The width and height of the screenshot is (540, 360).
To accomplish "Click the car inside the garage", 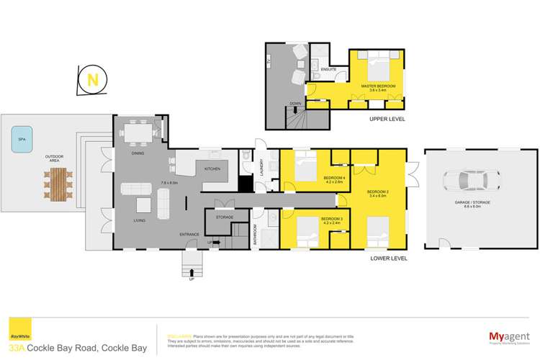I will [x=467, y=181].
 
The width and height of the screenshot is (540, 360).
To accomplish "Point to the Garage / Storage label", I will [x=472, y=203].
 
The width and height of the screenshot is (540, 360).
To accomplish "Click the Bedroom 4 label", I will [x=333, y=178].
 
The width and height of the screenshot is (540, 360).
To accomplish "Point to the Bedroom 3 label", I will [x=331, y=218].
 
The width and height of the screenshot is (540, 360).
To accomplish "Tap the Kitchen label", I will [x=212, y=168].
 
